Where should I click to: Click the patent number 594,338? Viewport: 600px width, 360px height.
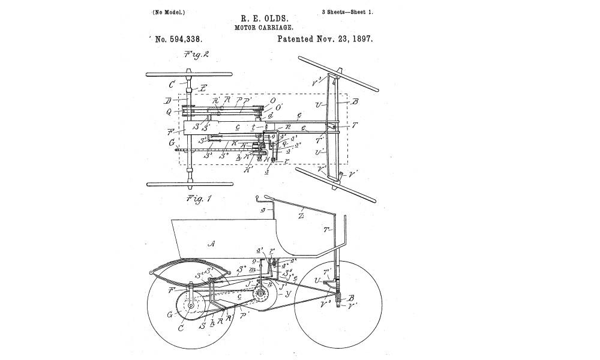coord(178,39)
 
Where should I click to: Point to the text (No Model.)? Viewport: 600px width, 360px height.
coord(169,11)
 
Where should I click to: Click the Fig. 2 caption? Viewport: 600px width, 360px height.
coord(197,55)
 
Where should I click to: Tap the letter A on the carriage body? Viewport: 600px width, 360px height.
coord(211,243)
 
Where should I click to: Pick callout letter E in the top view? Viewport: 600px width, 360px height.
coord(203,88)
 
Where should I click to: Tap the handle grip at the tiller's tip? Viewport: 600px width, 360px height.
coord(259,197)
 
